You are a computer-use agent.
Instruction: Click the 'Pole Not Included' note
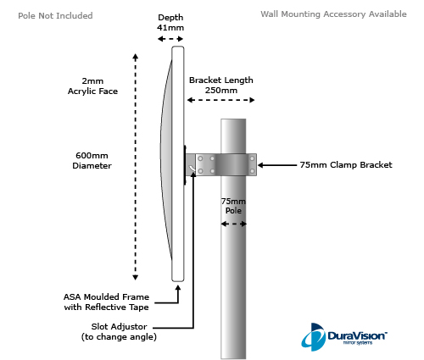[x=55, y=15]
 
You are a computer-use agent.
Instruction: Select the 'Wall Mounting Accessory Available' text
[x=333, y=14]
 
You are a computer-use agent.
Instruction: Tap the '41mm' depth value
[x=170, y=28]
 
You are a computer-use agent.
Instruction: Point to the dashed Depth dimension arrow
[x=170, y=39]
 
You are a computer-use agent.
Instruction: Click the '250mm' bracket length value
[x=221, y=91]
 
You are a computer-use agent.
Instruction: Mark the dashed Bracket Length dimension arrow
[x=220, y=100]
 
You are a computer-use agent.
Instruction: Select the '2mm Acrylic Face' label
[x=92, y=86]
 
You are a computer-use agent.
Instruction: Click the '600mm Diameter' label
[x=92, y=160]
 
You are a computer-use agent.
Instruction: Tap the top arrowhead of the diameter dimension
[x=136, y=57]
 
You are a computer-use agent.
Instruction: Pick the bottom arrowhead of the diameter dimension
[x=136, y=278]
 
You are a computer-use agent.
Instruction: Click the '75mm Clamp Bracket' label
[x=346, y=165]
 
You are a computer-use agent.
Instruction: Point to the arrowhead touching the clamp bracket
[x=260, y=165]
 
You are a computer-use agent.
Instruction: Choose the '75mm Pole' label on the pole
[x=233, y=206]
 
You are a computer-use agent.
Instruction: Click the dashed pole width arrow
[x=233, y=224]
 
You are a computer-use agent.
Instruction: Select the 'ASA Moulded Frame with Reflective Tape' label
[x=106, y=302]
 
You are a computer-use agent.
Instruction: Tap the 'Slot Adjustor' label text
[x=119, y=327]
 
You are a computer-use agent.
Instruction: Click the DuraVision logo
[x=343, y=337]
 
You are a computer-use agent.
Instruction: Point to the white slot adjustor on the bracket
[x=192, y=169]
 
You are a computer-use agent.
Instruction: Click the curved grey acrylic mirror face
[x=166, y=158]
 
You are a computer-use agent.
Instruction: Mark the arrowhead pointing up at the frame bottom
[x=178, y=288]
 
